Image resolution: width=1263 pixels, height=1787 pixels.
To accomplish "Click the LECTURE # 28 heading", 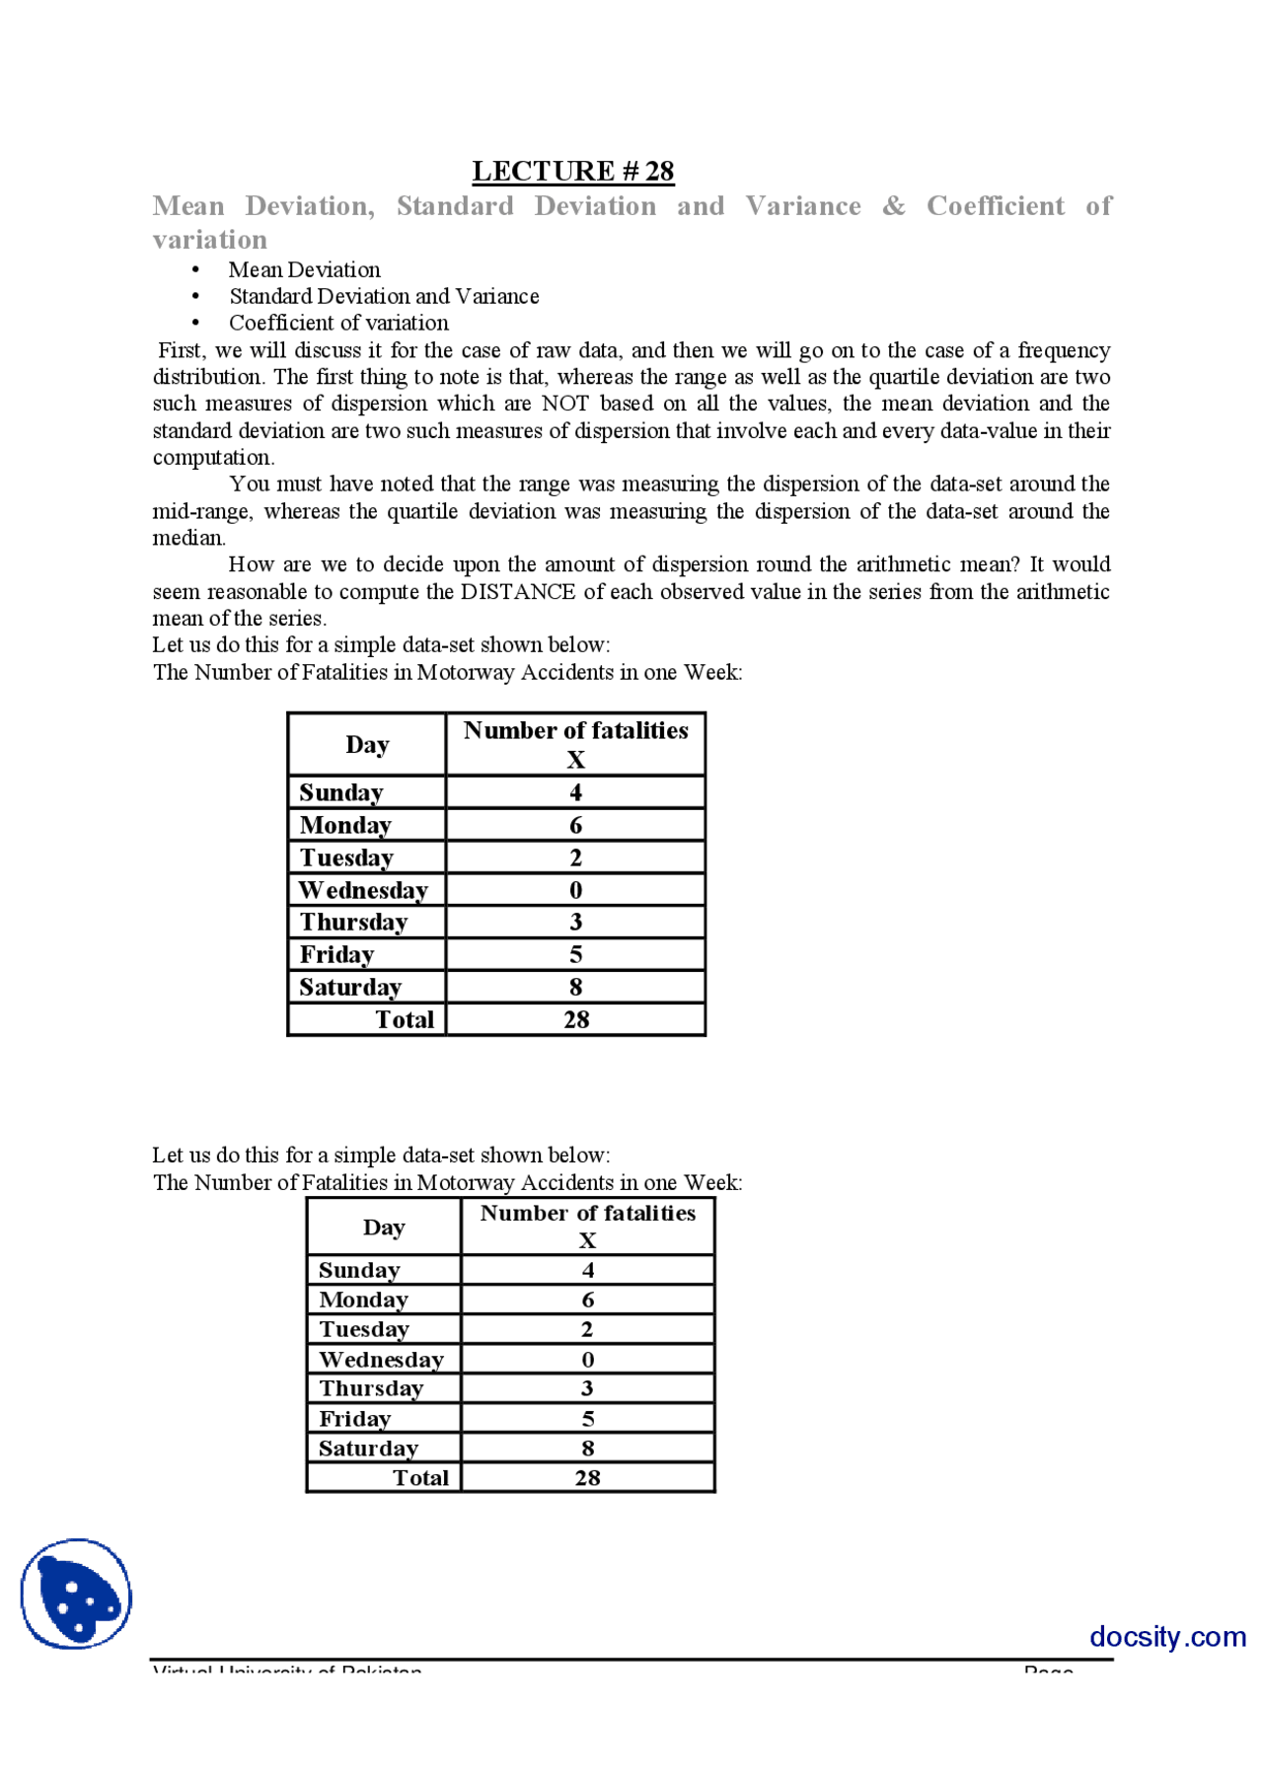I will (x=572, y=171).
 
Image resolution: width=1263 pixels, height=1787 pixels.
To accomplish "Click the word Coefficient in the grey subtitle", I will (x=995, y=206).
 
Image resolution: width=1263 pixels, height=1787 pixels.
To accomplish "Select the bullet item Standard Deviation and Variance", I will (x=384, y=296).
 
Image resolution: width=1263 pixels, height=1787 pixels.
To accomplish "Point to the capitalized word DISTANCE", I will (x=518, y=592).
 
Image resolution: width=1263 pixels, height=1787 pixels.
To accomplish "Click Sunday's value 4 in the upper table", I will (x=575, y=792).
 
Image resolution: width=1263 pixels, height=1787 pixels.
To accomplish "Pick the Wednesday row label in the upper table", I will (x=363, y=890).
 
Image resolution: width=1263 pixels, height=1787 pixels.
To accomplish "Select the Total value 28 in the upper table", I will (x=576, y=1019).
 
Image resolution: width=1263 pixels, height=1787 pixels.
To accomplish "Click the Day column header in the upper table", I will (x=367, y=745).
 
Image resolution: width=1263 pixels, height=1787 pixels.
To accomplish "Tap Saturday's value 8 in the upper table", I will (x=575, y=987).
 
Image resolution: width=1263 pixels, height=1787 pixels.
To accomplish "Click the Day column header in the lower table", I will (x=384, y=1228).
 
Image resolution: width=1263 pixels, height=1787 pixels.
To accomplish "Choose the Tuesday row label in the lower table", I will (x=363, y=1329).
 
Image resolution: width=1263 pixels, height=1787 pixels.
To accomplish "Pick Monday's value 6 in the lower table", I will (x=588, y=1300).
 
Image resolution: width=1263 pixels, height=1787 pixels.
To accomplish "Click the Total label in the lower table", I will (x=420, y=1477).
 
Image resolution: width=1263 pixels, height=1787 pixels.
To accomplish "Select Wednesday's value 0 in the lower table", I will (x=588, y=1359).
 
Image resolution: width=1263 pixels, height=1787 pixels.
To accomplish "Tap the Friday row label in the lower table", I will (x=354, y=1418).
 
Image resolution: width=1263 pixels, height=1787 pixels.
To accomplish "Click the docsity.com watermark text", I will (x=1167, y=1637).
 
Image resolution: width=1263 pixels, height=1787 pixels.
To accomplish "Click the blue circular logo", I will (x=76, y=1594).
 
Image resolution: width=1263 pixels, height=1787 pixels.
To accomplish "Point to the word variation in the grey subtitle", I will (x=210, y=240).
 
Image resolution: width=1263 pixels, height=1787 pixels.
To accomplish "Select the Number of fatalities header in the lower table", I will (x=587, y=1214).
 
